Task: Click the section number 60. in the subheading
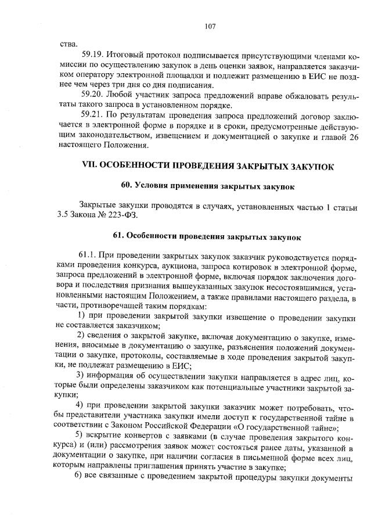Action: point(127,186)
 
